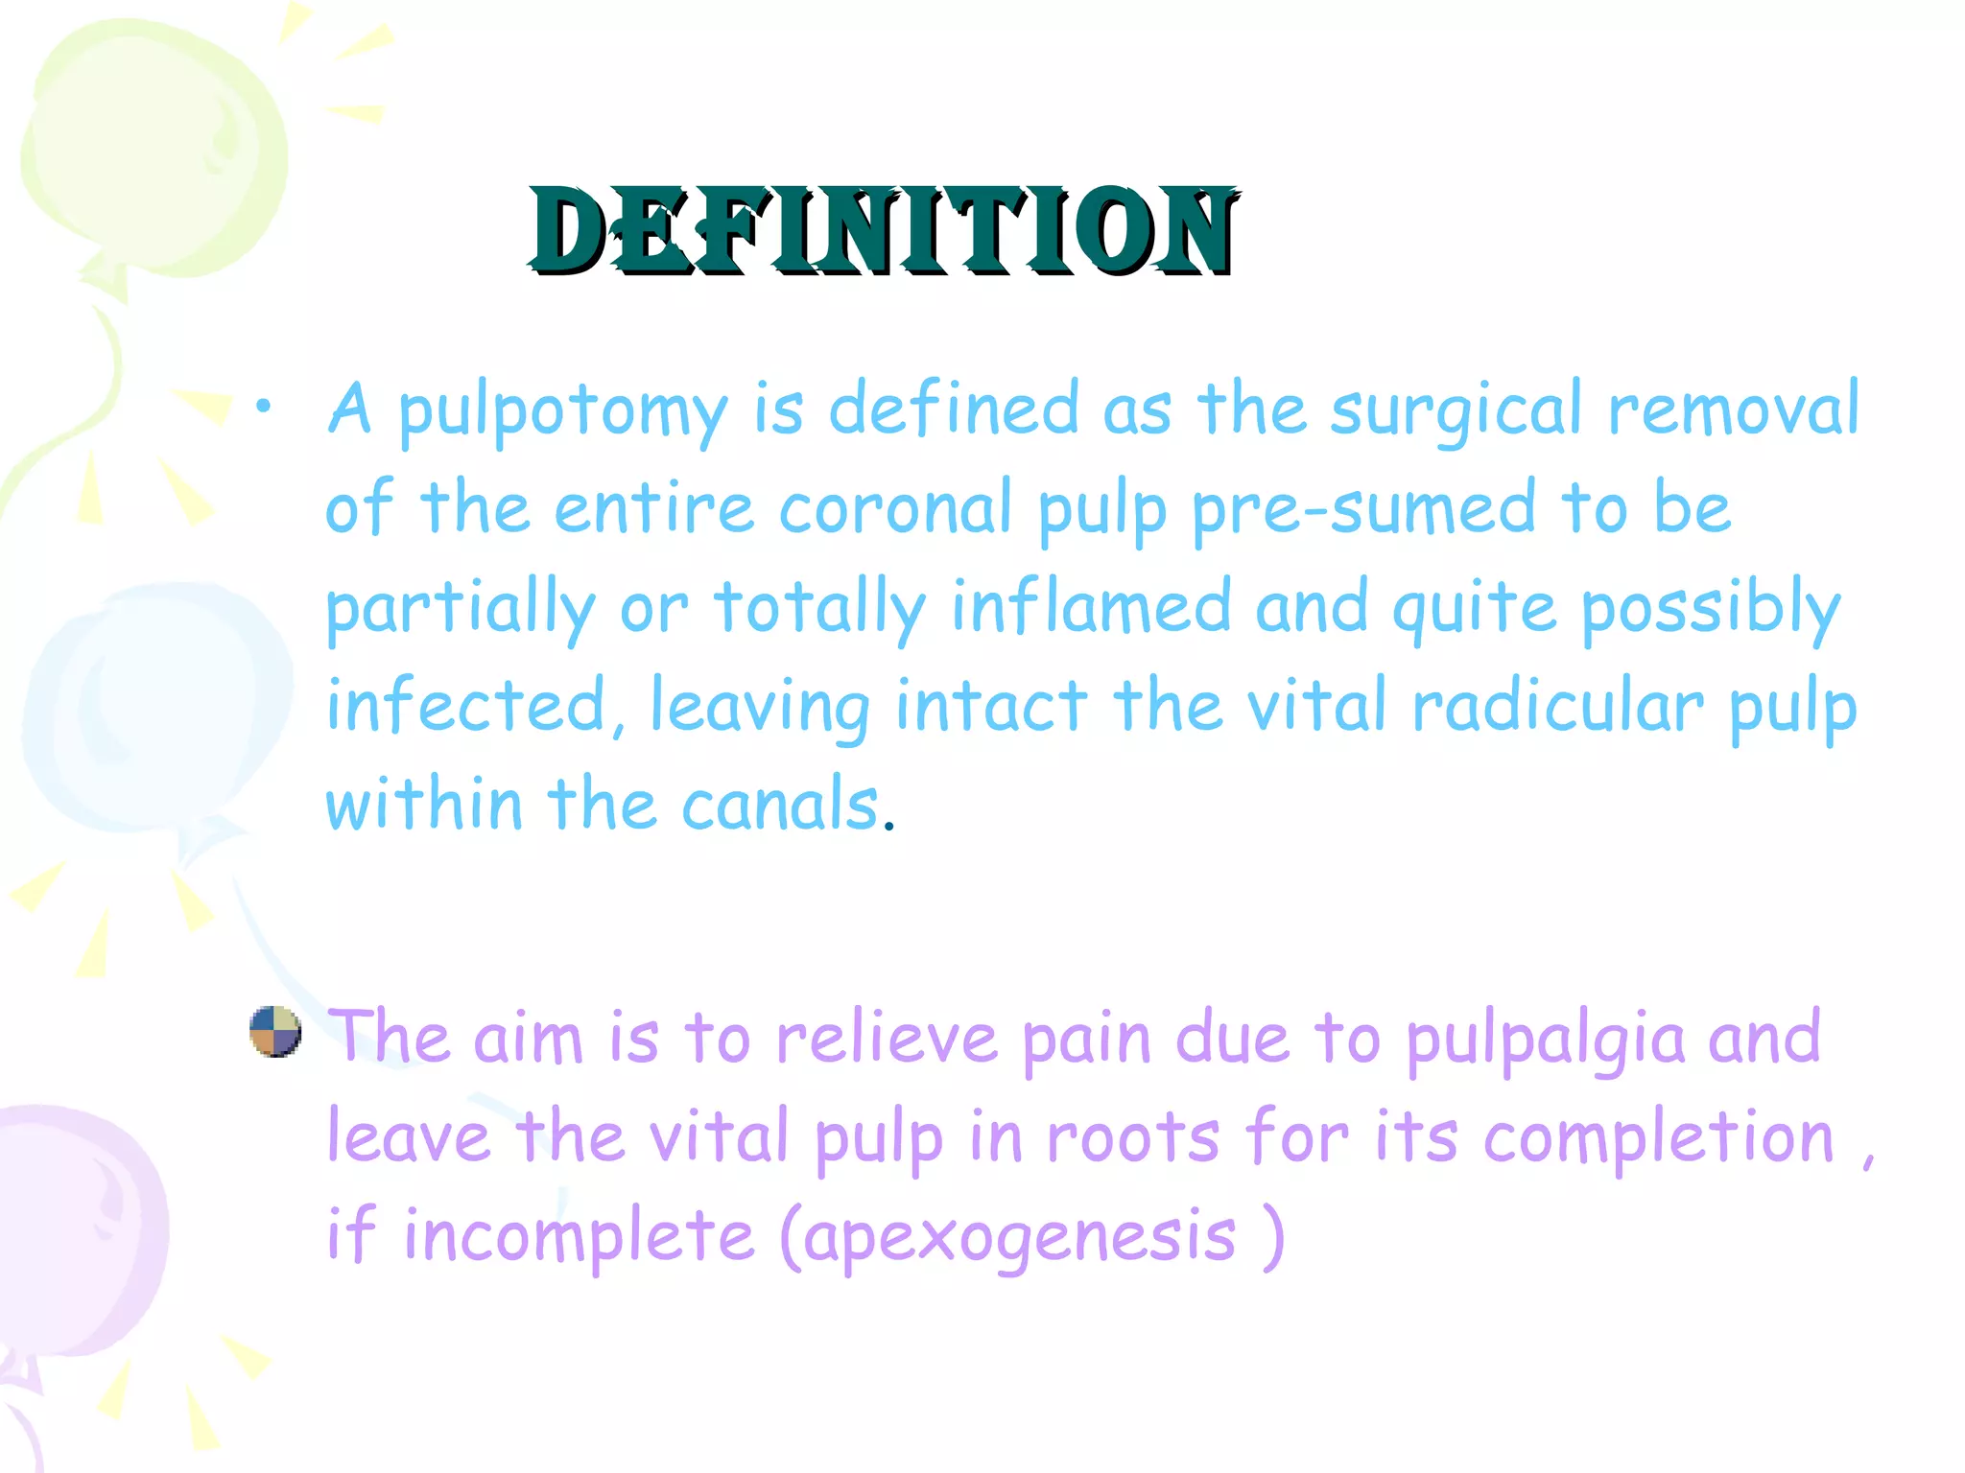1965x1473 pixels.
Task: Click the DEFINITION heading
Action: [x=883, y=231]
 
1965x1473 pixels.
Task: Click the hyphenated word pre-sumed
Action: [x=1363, y=510]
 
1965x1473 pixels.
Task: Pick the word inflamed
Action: [x=1091, y=608]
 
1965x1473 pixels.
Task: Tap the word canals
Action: [x=779, y=805]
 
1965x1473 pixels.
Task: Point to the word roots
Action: [x=1133, y=1138]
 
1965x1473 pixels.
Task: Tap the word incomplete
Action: [x=579, y=1238]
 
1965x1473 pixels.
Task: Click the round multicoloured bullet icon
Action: [x=275, y=1032]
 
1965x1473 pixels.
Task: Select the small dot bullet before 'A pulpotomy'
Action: [x=262, y=409]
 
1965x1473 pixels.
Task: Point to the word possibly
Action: [x=1711, y=610]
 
